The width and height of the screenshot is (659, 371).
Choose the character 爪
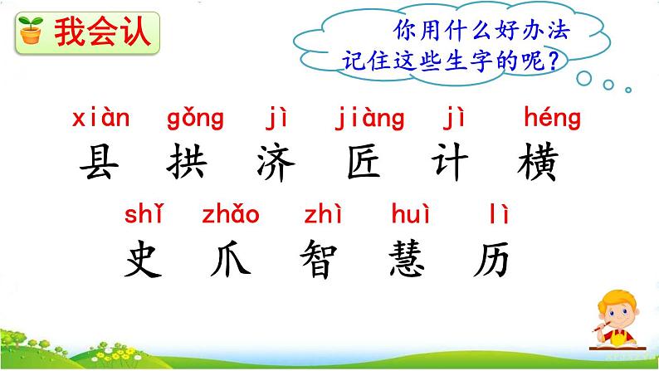click(230, 260)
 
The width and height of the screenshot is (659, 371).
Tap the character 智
click(320, 260)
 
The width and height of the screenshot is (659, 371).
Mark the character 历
click(494, 260)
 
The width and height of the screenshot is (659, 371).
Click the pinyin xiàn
click(101, 120)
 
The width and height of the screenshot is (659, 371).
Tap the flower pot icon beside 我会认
click(31, 32)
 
